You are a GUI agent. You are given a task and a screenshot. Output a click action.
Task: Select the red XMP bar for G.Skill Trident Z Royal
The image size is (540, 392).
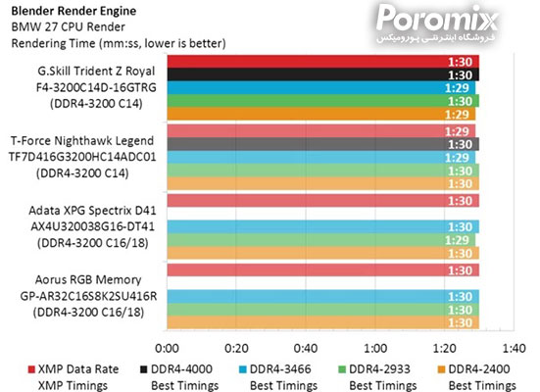click(x=323, y=61)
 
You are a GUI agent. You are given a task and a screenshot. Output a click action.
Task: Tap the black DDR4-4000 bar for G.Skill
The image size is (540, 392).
click(x=323, y=73)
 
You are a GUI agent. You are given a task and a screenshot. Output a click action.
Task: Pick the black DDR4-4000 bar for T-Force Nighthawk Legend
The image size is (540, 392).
click(x=323, y=143)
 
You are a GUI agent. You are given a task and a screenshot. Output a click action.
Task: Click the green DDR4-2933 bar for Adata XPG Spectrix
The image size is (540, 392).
click(x=323, y=239)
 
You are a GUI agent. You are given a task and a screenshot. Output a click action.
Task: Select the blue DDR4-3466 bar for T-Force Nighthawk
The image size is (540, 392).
click(x=323, y=157)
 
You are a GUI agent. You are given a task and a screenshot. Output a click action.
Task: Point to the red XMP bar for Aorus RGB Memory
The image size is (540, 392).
click(x=323, y=269)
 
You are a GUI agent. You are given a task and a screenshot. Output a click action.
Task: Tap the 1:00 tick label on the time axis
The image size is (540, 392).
click(x=375, y=348)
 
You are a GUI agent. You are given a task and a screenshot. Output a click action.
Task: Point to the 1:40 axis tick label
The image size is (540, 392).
click(x=514, y=348)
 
